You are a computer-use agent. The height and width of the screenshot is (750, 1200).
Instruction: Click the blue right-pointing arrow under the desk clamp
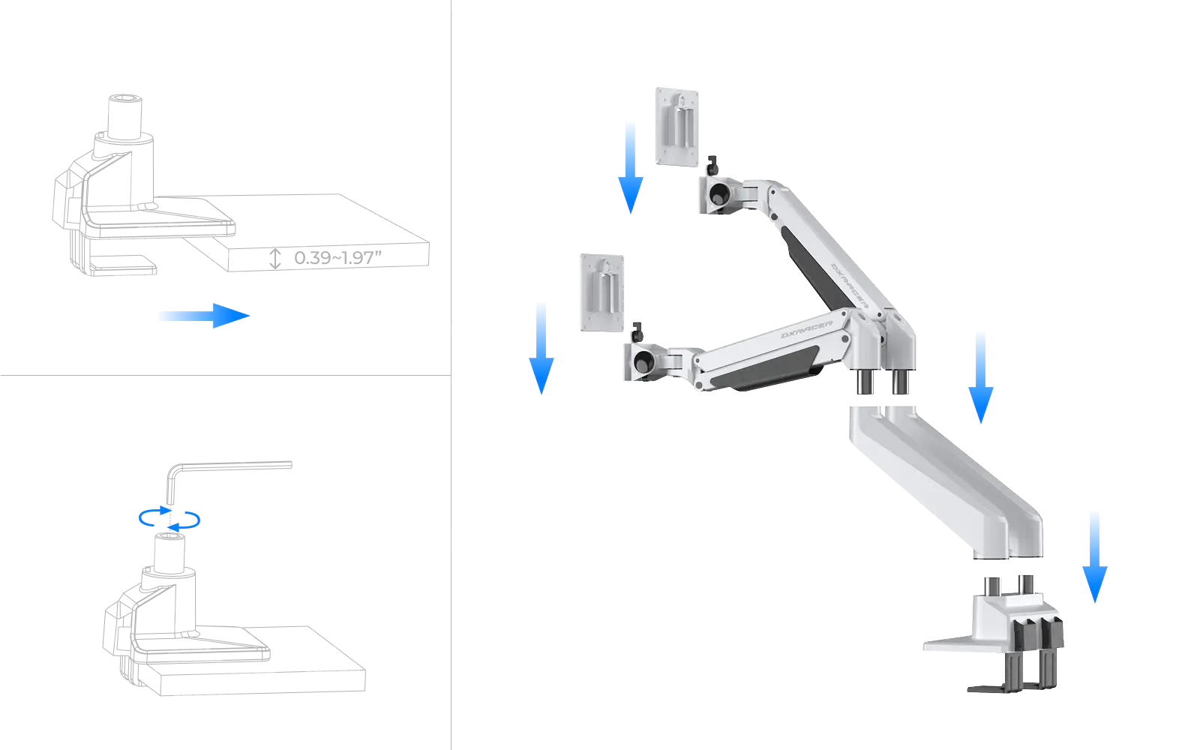pos(202,316)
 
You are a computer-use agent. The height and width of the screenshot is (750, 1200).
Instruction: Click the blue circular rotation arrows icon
pos(171,519)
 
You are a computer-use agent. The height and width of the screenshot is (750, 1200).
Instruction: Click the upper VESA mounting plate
pos(679,125)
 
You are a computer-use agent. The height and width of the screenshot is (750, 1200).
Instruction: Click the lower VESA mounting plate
pos(601,292)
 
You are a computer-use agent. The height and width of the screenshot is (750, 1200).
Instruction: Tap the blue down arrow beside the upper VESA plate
pos(630,166)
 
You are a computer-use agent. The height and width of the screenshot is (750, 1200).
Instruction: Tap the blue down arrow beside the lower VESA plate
pos(541,346)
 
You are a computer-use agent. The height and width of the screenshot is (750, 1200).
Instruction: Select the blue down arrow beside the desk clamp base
pos(1094,556)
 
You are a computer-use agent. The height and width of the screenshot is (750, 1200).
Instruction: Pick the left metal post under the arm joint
pos(862,382)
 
